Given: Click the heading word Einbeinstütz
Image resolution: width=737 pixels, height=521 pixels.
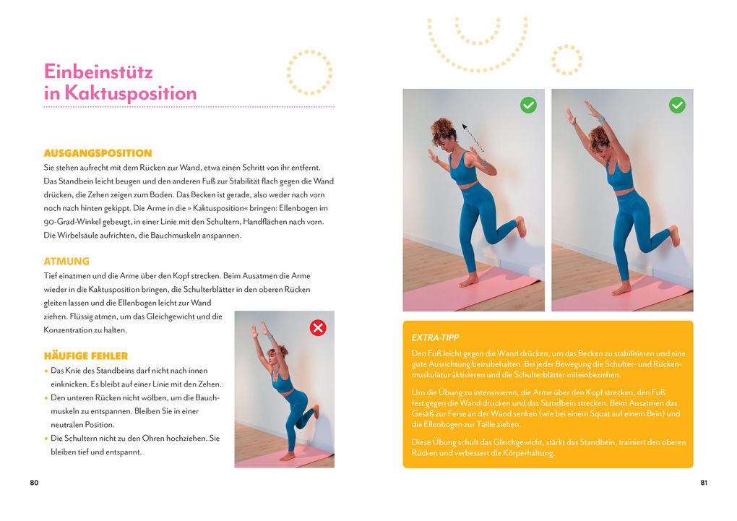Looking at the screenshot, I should coord(98,72).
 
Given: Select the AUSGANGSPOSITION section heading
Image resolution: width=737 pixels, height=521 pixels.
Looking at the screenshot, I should coord(98,153).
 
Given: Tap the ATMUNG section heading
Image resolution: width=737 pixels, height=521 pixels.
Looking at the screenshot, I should coord(66,262).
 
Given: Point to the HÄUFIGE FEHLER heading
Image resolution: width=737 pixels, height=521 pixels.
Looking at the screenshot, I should coord(85,356).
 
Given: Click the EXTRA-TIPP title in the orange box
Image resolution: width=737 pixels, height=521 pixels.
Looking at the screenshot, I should coord(435,337).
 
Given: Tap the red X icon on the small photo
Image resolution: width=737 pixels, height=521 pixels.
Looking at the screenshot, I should coord(317,328).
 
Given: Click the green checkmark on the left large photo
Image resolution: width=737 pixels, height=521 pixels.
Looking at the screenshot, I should coord(528,106).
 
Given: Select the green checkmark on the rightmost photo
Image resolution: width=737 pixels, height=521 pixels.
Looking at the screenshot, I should coord(677,106).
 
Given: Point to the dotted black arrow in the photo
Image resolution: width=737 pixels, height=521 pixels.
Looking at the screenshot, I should coord(473,137).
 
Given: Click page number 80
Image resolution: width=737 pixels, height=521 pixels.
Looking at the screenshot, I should coord(34,483).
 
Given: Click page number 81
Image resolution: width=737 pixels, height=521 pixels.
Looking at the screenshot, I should coord(703,483).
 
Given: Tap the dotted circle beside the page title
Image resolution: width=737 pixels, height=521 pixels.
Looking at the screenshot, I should coord(309,73).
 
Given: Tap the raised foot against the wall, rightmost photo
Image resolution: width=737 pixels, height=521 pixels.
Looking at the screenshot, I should coord(673,236).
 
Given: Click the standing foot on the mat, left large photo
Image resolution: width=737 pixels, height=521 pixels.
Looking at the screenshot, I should coord(469,280).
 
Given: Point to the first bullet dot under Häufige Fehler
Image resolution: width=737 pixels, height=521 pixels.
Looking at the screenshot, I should coord(46,371).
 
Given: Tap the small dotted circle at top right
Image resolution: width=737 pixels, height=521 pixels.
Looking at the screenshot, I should coord(566,59).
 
